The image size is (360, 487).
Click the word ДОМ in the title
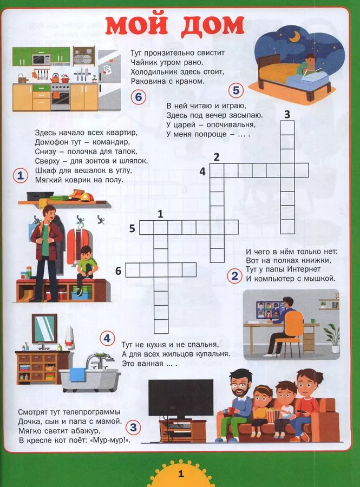coord(213,25)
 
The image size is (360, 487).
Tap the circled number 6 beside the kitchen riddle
coord(138,97)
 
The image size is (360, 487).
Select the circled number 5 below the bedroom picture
coord(236,90)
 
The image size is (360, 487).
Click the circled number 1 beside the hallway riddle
coord(21,175)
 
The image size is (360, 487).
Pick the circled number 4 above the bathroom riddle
coord(107,338)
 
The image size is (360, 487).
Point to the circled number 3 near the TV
coord(133,427)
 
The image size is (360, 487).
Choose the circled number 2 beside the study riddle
coord(235,275)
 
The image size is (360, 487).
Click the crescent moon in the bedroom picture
coord(294,37)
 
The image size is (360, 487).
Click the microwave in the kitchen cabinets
coord(41,59)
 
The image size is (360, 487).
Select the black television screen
coord(181,398)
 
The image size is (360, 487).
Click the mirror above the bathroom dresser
coord(45,328)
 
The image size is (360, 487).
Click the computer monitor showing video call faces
coord(269,310)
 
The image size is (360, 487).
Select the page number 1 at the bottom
coord(181,474)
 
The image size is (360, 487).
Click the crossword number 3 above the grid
coord(287,114)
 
